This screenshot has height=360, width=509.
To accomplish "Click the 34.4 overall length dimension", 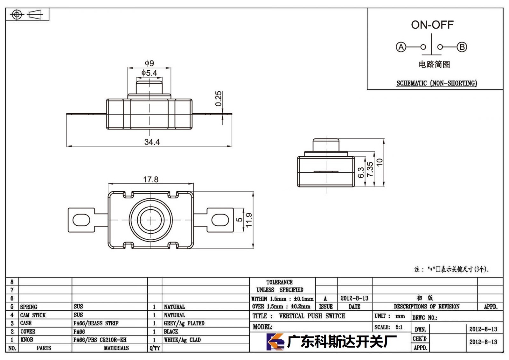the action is click(152, 142).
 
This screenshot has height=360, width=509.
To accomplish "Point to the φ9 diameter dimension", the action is click(149, 63).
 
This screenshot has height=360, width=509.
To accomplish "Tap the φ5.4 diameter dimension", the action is click(149, 73).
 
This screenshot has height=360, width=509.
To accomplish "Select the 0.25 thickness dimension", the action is click(218, 99).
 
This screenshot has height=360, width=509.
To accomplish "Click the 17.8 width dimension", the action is click(151, 180).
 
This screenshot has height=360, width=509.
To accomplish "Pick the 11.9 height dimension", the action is click(249, 220).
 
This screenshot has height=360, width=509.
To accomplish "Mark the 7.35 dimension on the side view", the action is click(370, 169).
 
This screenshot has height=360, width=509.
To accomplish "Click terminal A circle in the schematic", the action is click(401, 47).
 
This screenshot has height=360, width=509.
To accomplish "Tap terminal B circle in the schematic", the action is click(462, 47).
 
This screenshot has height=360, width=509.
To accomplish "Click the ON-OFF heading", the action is click(432, 25).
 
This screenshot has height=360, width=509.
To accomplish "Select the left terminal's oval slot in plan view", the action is click(81, 220).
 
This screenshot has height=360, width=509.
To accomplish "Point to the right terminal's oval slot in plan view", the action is click(220, 220).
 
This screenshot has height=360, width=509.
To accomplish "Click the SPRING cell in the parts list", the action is click(29, 307).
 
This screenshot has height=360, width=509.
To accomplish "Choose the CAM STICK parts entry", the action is click(33, 315).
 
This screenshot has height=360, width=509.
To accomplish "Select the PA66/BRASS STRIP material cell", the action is click(96, 323).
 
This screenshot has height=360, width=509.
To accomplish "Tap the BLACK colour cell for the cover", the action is click(171, 332).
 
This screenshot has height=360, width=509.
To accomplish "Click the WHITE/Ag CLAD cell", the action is click(182, 340).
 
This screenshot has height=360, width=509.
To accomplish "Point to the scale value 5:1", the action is click(399, 327).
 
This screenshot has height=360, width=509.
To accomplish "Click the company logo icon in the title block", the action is click(275, 342).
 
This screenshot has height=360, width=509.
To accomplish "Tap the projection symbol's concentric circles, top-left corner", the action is click(17, 15).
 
